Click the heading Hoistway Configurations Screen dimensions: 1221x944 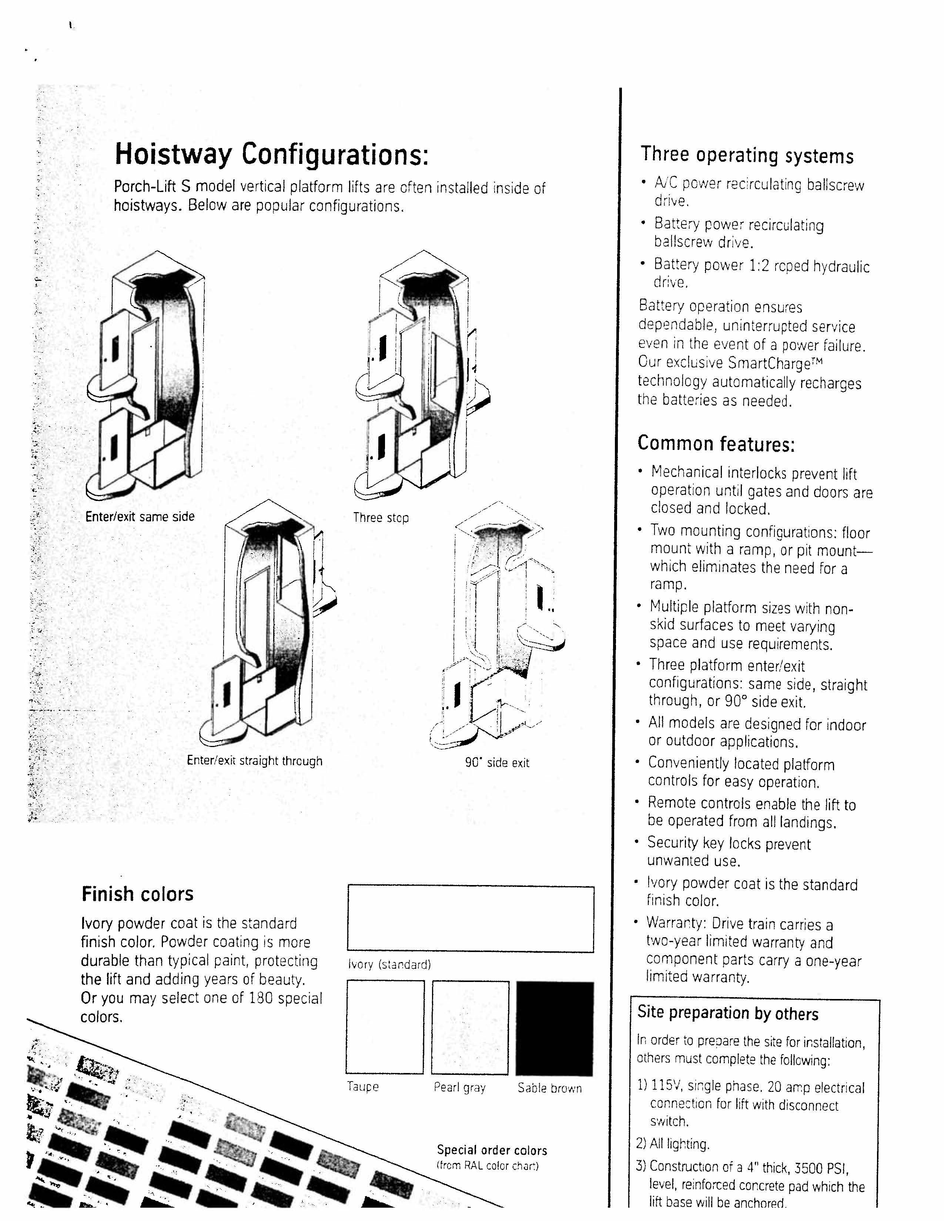click(x=271, y=155)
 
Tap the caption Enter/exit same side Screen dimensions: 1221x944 click(x=140, y=517)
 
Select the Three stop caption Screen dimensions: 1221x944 click(x=381, y=518)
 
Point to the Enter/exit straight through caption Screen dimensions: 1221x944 click(x=254, y=761)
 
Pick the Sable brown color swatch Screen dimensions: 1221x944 click(x=554, y=1028)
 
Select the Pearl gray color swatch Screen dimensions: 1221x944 click(x=470, y=1027)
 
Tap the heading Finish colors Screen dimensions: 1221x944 click(x=138, y=894)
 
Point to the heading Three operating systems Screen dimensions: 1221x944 click(x=747, y=155)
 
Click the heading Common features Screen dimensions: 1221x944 click(x=716, y=444)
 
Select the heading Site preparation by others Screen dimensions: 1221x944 click(x=727, y=1013)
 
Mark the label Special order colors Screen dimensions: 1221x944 click(x=492, y=1150)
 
